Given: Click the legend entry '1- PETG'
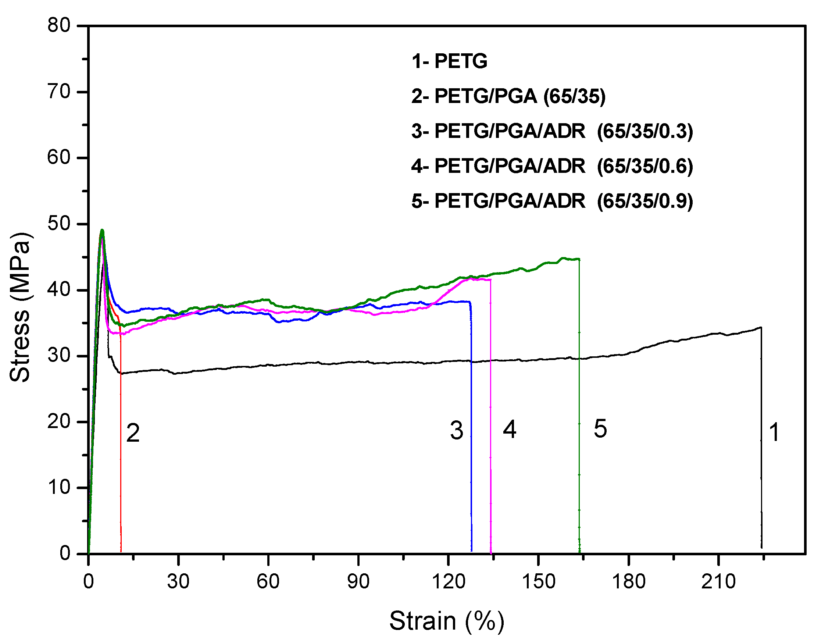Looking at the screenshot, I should click(x=449, y=61).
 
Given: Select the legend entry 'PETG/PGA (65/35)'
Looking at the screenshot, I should click(x=508, y=96).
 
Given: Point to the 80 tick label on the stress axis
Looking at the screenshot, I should click(x=59, y=26).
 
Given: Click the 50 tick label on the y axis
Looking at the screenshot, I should click(x=59, y=224).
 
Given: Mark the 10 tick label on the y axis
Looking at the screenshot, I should click(x=59, y=488).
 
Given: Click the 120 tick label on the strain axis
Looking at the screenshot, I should click(x=449, y=581).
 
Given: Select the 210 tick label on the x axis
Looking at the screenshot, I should click(x=718, y=581).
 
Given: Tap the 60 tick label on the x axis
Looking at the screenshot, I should click(x=268, y=581).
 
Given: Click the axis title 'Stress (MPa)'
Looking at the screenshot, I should click(x=19, y=307).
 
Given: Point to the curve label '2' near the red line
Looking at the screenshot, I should click(x=133, y=433).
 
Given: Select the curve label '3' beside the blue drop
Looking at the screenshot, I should click(x=457, y=431).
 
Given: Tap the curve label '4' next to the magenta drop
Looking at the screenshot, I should click(x=510, y=430).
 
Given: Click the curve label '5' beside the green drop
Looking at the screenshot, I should click(x=600, y=429).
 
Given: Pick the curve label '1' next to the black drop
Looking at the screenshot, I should click(x=774, y=432).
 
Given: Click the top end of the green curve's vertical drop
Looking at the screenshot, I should click(x=579, y=259).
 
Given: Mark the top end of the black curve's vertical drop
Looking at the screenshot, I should click(x=761, y=328).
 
